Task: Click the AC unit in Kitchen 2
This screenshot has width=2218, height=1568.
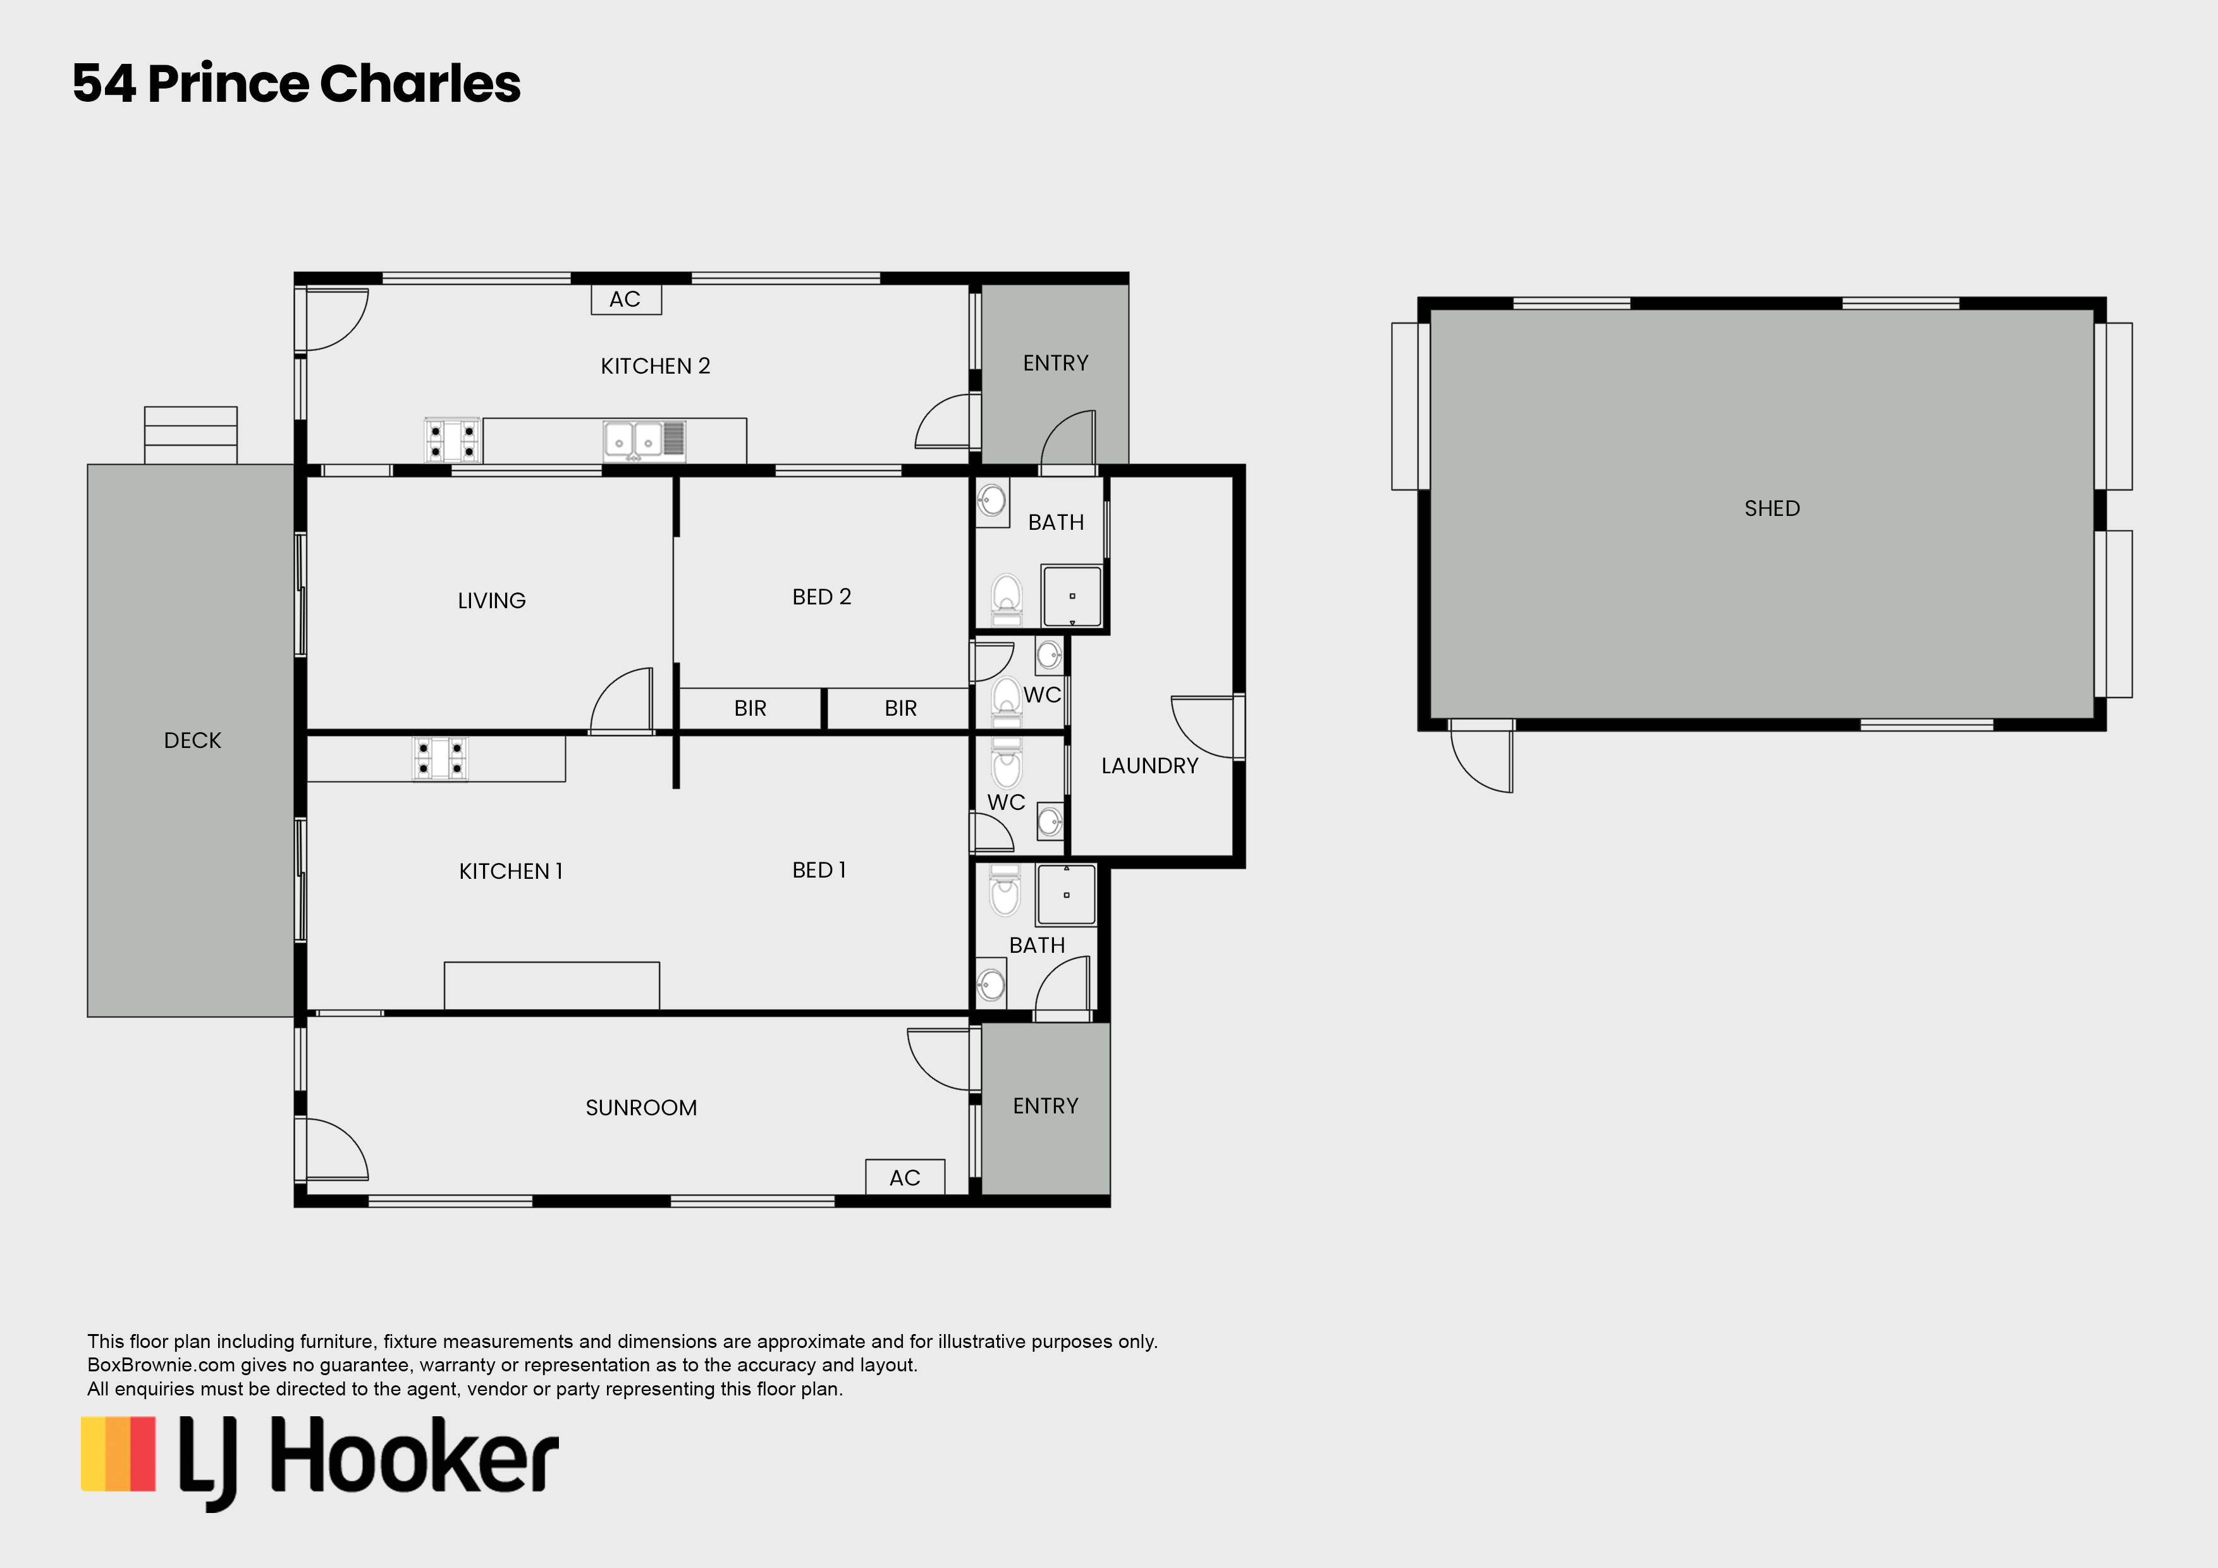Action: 626,300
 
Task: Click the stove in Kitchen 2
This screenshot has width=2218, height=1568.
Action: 452,441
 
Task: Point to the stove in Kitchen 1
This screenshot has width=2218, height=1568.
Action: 441,759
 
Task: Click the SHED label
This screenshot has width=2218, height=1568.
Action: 1772,508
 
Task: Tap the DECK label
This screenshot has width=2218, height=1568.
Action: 192,740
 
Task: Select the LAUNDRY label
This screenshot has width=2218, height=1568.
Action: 1149,765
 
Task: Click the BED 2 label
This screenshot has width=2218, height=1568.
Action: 821,597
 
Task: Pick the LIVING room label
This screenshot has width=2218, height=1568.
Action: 492,601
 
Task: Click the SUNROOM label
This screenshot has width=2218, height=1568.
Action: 642,1107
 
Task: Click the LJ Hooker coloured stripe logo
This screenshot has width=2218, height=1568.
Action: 118,1454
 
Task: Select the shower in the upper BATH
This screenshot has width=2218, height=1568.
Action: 1071,596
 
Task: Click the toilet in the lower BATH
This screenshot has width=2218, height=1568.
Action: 1005,890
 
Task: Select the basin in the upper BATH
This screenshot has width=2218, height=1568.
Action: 992,501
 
